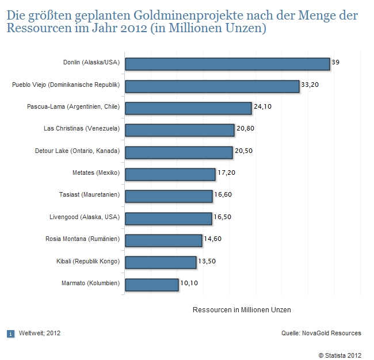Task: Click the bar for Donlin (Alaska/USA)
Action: pos(227,64)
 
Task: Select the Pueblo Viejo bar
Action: pos(212,86)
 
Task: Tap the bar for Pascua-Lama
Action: pos(188,108)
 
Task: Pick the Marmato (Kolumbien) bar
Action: pos(151,284)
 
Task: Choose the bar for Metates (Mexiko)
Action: pos(170,174)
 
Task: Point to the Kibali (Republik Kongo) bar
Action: pos(161,262)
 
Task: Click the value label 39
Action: pos(335,62)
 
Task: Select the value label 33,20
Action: pos(310,84)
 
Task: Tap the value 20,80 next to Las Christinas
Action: pos(245,128)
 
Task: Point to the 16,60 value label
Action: pos(223,194)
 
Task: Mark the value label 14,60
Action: pos(213,239)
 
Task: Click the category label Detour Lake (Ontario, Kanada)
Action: pos(77,151)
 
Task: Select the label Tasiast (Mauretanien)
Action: pos(89,195)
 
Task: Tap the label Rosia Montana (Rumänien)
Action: pos(82,239)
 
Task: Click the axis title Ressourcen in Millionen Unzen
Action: pos(242,310)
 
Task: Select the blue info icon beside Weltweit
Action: pos(10,333)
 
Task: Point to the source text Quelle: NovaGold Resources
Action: pos(321,333)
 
